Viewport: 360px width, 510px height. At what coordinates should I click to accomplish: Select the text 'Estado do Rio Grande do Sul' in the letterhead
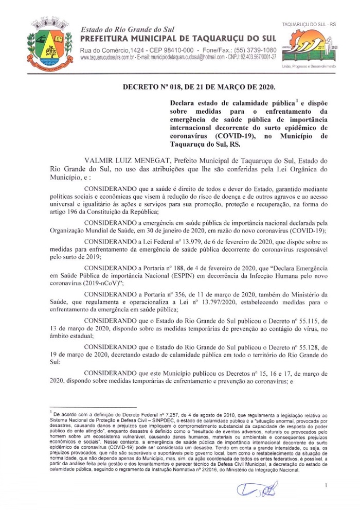(121, 30)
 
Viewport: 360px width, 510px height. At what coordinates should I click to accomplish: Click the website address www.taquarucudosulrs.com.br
(107, 58)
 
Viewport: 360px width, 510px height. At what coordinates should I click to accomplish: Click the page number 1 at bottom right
(326, 485)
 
